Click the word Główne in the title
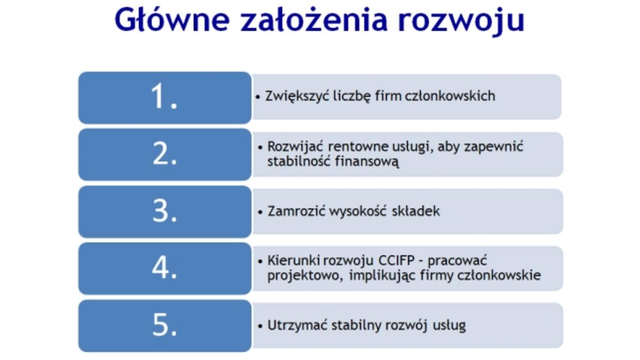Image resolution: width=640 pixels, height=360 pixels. pos(172,19)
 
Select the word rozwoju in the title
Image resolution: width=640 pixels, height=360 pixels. pos(461,21)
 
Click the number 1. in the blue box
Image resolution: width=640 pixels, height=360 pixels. pos(164,96)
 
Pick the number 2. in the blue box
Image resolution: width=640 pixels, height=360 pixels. pos(165,153)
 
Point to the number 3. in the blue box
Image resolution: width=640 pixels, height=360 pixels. pos(165,211)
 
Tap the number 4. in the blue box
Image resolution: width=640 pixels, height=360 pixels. pos(164,267)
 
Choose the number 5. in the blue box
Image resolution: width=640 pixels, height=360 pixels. pos(165,325)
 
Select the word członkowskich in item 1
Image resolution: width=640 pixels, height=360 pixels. pos(450,96)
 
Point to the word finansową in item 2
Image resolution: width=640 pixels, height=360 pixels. pos(366,161)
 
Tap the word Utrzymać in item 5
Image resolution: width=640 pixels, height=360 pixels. pos(297,325)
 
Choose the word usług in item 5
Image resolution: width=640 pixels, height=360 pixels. pos(449,326)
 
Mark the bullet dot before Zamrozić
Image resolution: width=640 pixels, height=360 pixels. pos(260,212)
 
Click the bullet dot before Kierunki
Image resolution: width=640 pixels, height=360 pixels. pos(260,261)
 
